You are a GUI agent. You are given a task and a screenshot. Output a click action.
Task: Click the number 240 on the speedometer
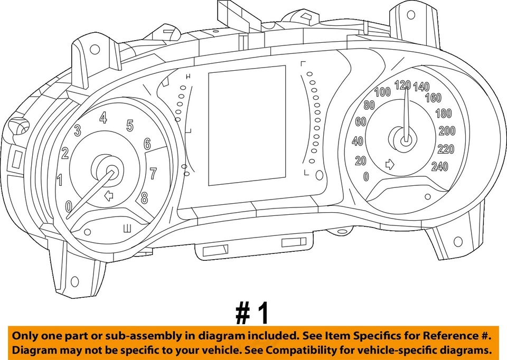click(439, 167)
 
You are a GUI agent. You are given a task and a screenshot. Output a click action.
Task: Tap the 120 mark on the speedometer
click(402, 84)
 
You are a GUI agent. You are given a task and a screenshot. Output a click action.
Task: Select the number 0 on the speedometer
click(366, 177)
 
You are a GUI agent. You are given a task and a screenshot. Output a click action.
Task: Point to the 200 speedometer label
click(447, 131)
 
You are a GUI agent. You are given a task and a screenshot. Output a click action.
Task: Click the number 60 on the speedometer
click(361, 122)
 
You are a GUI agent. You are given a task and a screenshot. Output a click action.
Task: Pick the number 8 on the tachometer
click(144, 198)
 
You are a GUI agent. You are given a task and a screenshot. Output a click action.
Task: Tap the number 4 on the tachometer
click(104, 118)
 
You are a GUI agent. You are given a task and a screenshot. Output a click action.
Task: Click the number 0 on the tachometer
click(69, 206)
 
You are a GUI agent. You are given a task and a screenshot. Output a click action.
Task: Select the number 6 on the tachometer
click(147, 144)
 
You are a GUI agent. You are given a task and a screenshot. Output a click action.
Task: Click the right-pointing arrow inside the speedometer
click(390, 165)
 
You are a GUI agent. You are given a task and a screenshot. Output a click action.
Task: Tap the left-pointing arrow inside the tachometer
click(109, 196)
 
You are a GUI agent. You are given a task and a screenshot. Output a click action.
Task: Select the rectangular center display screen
click(247, 126)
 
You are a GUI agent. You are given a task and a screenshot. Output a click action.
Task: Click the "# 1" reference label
click(252, 314)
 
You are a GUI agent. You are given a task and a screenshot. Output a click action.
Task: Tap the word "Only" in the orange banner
click(25, 336)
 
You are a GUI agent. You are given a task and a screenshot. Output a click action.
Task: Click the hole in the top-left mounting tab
click(95, 50)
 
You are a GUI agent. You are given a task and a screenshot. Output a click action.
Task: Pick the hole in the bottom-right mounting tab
click(457, 241)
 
